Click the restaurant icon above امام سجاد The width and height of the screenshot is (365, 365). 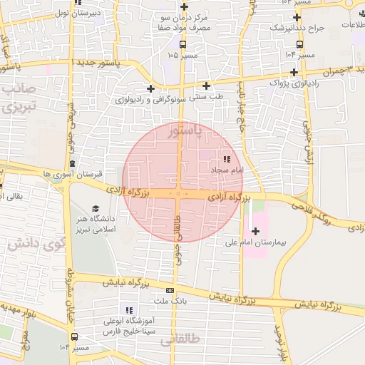pos(227,160)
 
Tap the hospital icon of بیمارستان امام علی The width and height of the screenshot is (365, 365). pos(255,230)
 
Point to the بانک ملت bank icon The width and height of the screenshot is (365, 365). pos(170,290)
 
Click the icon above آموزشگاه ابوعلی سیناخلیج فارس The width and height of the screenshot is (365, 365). pos(129,309)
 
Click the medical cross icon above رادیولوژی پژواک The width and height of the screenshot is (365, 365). pos(294,72)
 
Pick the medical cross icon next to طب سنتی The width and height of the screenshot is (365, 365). pos(206,86)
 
